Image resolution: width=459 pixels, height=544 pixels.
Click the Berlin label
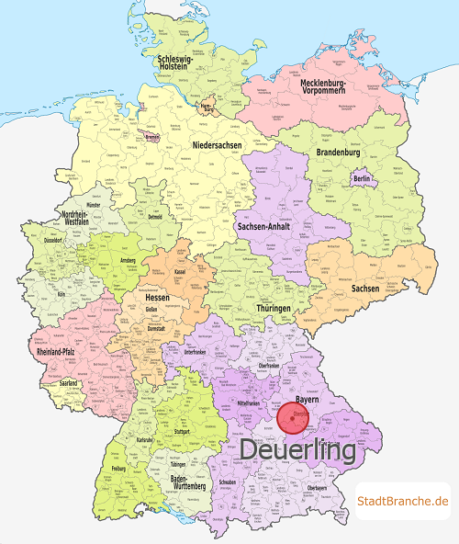click(x=361, y=177)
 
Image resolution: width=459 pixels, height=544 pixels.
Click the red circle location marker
click(x=302, y=423)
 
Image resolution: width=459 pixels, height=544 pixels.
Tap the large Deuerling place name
click(x=297, y=452)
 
